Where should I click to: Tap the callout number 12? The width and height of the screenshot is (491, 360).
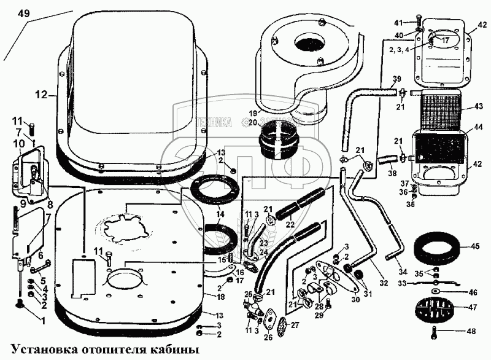click(x=41, y=95)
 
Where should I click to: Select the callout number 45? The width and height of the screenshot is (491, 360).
click(x=474, y=247)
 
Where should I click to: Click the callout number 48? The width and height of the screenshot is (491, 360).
click(x=471, y=331)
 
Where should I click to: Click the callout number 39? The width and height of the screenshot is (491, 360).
click(x=396, y=79)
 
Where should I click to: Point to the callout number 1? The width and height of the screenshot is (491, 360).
click(x=43, y=321)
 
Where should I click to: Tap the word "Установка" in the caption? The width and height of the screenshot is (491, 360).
click(x=44, y=350)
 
